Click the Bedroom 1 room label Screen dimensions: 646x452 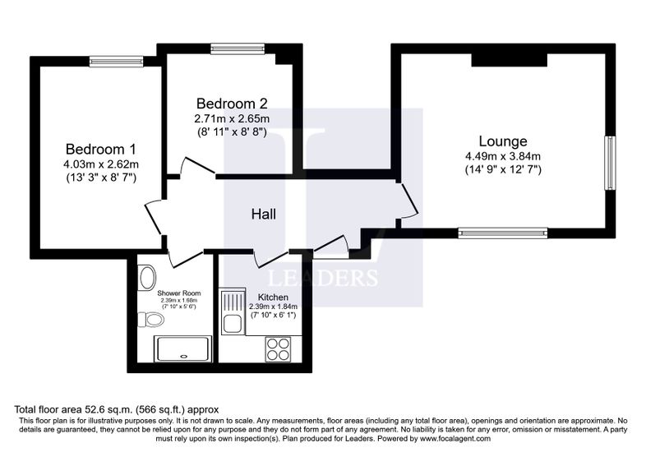tap(100, 149)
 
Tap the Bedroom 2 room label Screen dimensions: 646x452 tap(232, 103)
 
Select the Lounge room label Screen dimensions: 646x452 tap(503, 141)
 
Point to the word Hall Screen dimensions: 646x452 tap(264, 214)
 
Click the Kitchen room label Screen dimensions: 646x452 tap(273, 297)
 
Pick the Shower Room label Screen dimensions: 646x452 tap(179, 293)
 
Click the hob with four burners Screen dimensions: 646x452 tap(278, 349)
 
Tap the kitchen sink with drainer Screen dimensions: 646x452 tap(233, 311)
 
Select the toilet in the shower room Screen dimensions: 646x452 tap(150, 319)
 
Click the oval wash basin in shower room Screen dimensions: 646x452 tap(148, 277)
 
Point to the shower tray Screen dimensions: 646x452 tap(182, 349)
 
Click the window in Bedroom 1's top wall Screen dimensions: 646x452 tap(117, 62)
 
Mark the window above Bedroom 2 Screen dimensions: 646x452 tap(238, 49)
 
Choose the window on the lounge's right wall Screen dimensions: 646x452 tap(610, 164)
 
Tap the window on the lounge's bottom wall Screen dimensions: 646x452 tap(503, 233)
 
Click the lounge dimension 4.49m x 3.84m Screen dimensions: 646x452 tap(503, 156)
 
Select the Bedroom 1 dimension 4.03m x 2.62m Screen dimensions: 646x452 tap(101, 164)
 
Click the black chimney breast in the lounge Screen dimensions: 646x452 tap(510, 60)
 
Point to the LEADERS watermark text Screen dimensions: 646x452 tap(323, 278)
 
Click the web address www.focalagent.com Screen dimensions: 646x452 tap(455, 439)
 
